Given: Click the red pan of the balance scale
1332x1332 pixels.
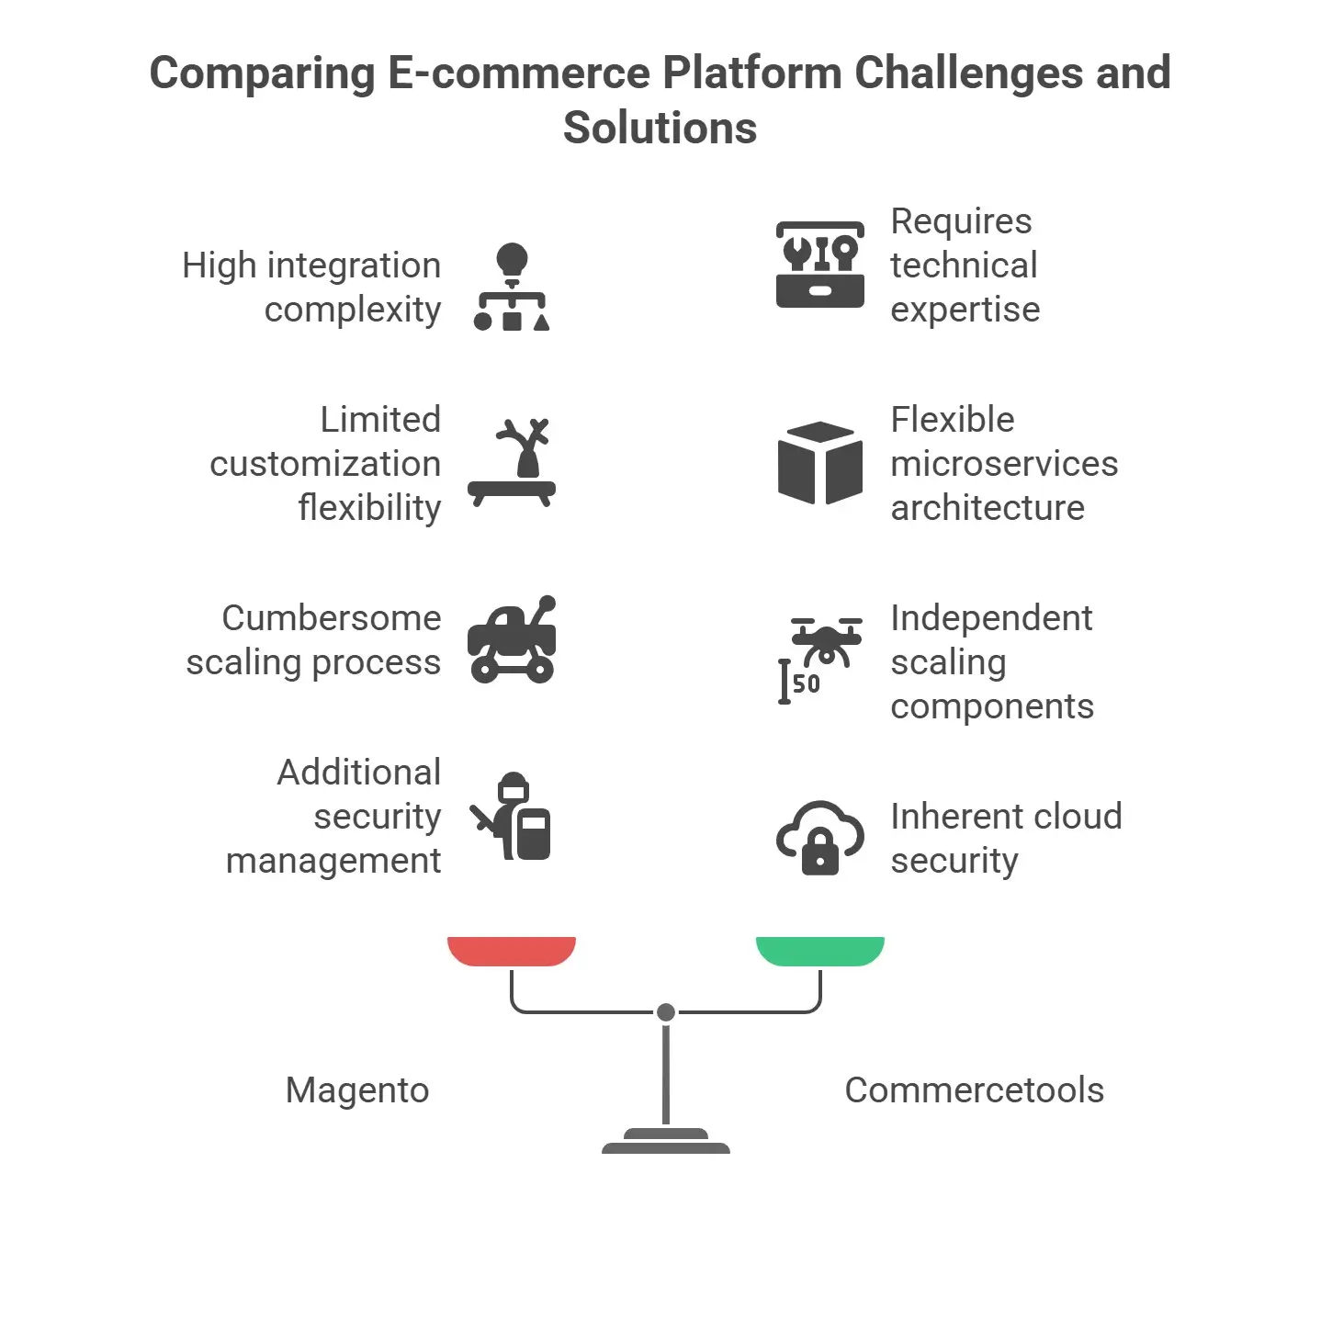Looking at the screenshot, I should pyautogui.click(x=511, y=951).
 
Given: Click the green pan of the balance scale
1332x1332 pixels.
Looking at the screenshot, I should pyautogui.click(x=819, y=951).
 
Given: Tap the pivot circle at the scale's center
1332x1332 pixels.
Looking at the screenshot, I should pyautogui.click(x=666, y=1012).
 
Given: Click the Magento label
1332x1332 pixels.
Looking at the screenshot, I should pyautogui.click(x=357, y=1090).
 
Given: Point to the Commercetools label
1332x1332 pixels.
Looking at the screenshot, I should pyautogui.click(x=974, y=1090).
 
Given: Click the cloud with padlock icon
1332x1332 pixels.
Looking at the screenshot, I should pyautogui.click(x=819, y=837).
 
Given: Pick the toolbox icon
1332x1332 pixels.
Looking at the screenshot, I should pyautogui.click(x=819, y=265).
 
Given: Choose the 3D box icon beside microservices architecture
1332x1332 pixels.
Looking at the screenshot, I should pyautogui.click(x=819, y=463).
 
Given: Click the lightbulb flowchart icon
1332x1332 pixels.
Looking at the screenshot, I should pyautogui.click(x=512, y=287).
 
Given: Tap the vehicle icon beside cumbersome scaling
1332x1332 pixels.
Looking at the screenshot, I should pyautogui.click(x=512, y=640).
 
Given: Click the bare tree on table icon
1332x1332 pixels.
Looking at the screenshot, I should pyautogui.click(x=512, y=463).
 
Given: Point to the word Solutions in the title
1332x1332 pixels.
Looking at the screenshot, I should pyautogui.click(x=660, y=128).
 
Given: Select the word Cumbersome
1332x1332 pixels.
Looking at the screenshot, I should pyautogui.click(x=332, y=618).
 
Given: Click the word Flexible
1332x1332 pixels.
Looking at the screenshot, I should pyautogui.click(x=953, y=420).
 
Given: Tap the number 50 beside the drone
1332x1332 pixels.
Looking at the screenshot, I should pyautogui.click(x=807, y=683).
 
